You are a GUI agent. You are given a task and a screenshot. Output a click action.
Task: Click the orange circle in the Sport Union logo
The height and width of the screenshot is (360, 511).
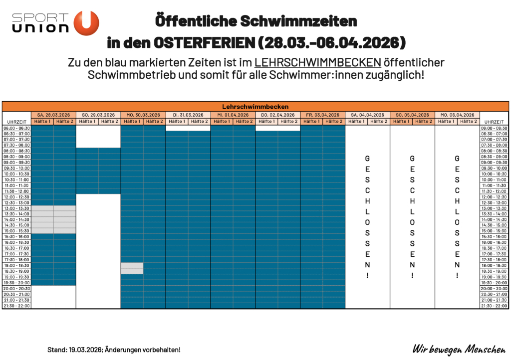(86, 23)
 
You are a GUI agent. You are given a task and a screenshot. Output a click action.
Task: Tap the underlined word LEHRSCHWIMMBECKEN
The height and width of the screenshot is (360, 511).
(318, 63)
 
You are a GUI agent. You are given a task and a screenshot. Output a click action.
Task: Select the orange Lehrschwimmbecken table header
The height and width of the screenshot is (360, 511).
(255, 106)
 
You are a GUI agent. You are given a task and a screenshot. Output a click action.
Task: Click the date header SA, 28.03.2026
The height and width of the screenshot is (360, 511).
(53, 115)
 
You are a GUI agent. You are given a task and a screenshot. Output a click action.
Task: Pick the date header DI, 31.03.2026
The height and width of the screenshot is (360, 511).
(188, 115)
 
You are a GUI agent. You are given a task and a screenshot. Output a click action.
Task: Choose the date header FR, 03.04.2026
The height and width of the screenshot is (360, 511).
(323, 115)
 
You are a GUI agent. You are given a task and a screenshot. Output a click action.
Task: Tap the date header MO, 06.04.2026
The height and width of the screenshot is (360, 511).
(457, 115)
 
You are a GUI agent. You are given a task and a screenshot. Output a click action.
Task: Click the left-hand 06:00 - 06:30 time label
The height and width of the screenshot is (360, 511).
(17, 128)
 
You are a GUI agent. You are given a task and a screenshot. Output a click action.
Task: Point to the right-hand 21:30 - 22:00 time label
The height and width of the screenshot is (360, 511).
(494, 306)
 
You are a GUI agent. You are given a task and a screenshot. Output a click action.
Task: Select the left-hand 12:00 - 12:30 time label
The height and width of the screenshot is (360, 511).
(17, 197)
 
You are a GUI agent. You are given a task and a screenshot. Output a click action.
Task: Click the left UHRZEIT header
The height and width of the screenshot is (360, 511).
(17, 122)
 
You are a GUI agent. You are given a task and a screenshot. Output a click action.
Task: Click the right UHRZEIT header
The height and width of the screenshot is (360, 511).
(494, 122)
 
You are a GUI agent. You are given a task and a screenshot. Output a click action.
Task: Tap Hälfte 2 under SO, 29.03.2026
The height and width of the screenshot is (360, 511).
(109, 121)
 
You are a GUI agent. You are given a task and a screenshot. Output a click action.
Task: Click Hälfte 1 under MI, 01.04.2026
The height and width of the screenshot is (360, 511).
(222, 121)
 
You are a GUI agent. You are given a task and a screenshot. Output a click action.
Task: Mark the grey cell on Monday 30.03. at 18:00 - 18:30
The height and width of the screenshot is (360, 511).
(132, 265)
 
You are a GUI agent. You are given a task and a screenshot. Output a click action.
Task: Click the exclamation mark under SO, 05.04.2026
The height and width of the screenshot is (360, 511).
(412, 275)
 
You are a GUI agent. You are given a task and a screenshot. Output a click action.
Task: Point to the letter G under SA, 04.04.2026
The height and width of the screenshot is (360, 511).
(368, 158)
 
